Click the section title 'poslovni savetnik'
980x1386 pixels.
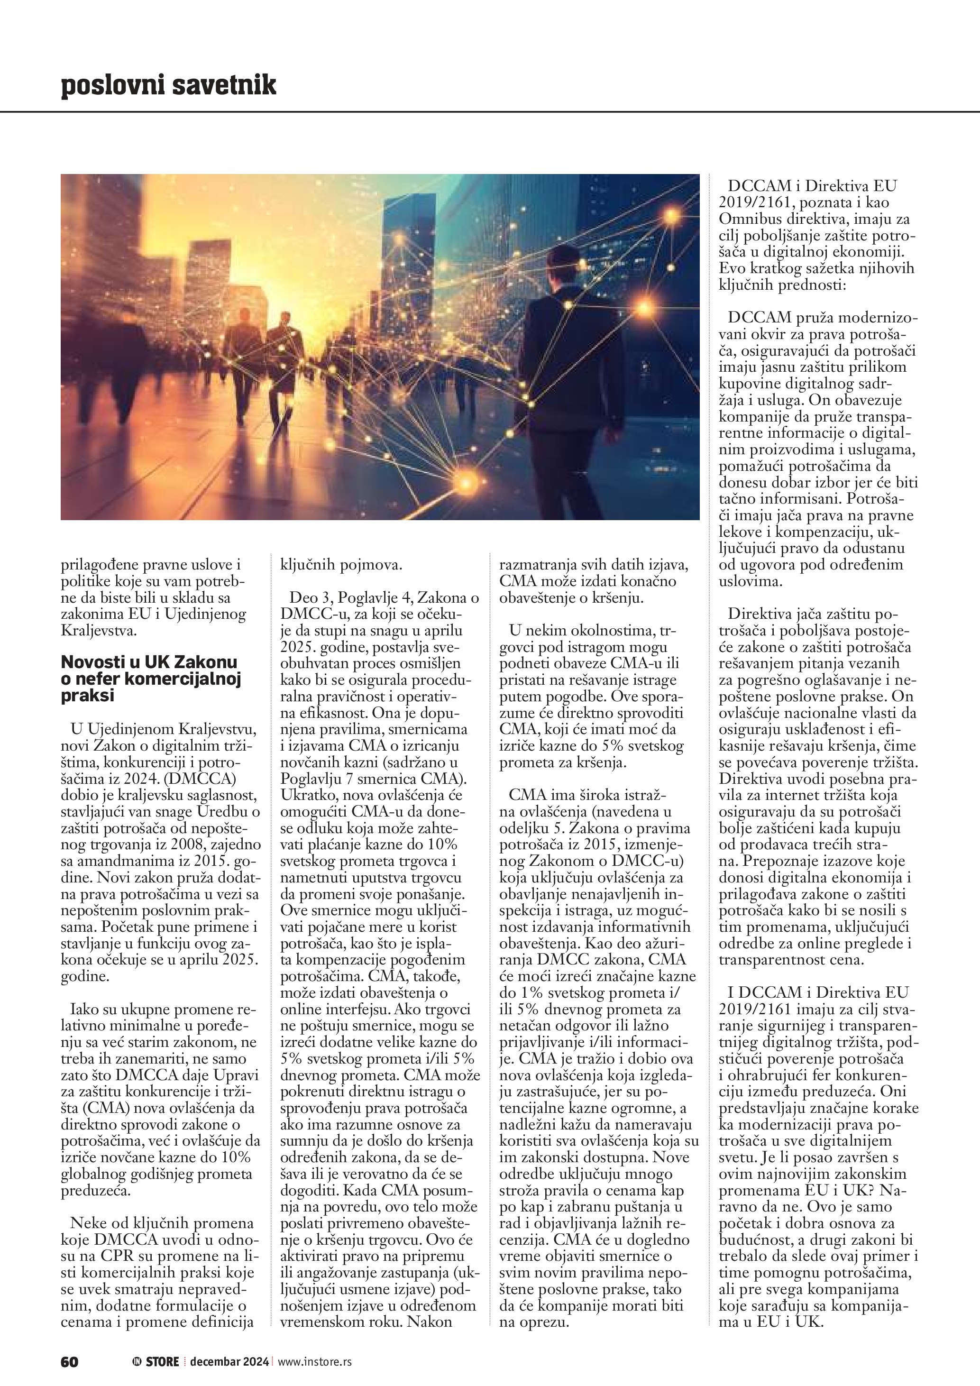pyautogui.click(x=168, y=85)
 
